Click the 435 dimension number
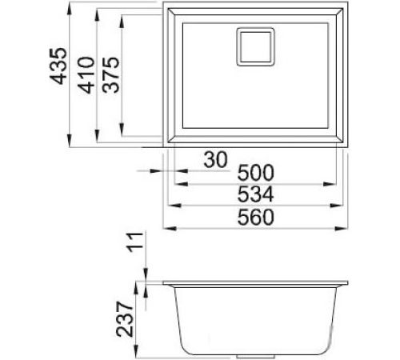(58, 66)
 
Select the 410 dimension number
(86, 75)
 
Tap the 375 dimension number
(110, 75)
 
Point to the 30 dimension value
(215, 160)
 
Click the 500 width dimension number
(255, 173)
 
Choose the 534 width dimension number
(255, 194)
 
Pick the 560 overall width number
(255, 217)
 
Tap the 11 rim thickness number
(135, 242)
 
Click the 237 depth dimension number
(125, 319)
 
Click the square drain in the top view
(255, 46)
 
